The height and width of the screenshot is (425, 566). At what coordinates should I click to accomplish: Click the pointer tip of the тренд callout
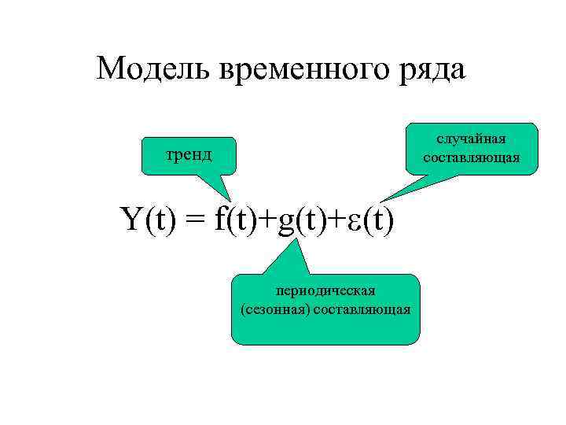230,201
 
